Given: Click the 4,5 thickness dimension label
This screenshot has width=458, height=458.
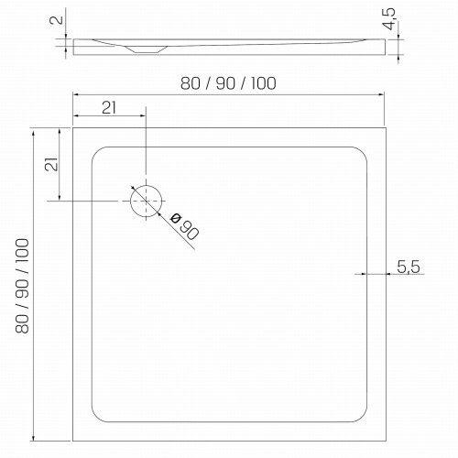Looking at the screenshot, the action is click(389, 19).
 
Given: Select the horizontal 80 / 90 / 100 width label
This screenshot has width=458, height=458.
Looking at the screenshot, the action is click(228, 83).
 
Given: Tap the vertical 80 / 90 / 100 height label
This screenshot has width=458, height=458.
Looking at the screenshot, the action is click(22, 286).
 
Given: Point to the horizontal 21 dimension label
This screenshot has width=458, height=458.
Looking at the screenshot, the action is click(109, 108).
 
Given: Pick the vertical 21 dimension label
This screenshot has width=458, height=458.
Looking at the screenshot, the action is click(51, 164).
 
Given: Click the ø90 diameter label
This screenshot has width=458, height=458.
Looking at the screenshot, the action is click(185, 226).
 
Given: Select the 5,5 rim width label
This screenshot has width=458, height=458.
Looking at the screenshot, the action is click(409, 267).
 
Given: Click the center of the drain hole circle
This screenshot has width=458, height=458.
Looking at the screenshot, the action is click(146, 201).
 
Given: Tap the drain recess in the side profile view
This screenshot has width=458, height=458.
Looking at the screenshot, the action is click(147, 49).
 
